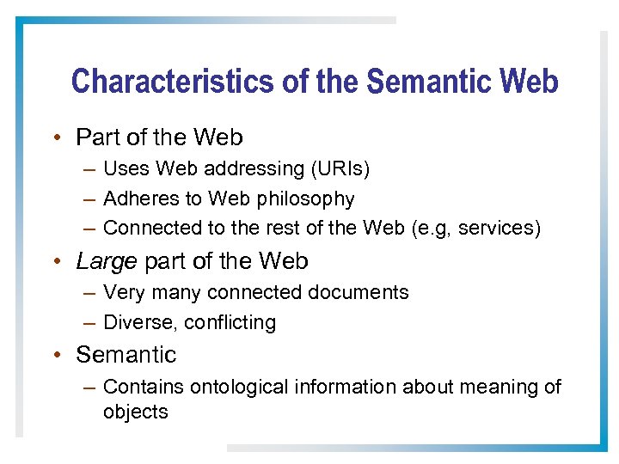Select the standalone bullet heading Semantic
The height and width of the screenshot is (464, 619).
(126, 355)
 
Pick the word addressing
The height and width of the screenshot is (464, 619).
(254, 169)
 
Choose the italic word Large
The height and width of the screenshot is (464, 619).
(104, 261)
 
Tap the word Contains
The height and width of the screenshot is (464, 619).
(142, 388)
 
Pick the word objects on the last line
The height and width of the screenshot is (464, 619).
(136, 412)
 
